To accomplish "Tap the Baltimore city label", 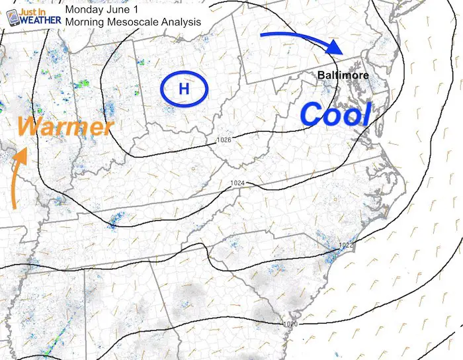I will (x=343, y=75).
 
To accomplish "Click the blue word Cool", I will (x=335, y=114).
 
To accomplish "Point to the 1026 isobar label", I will (x=224, y=140).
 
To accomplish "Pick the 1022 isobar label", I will (x=346, y=246).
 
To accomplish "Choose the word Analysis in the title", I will (x=181, y=22).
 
